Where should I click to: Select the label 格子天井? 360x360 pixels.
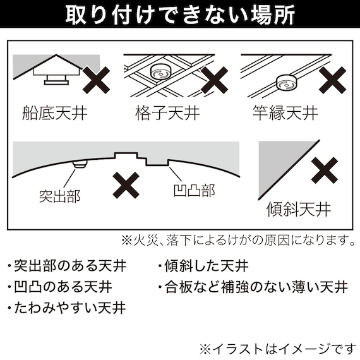(x=167, y=115)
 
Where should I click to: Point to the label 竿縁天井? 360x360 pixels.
(x=285, y=115)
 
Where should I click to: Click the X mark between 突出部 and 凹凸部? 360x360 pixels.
(x=126, y=185)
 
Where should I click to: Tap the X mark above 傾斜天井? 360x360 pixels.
(x=327, y=170)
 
